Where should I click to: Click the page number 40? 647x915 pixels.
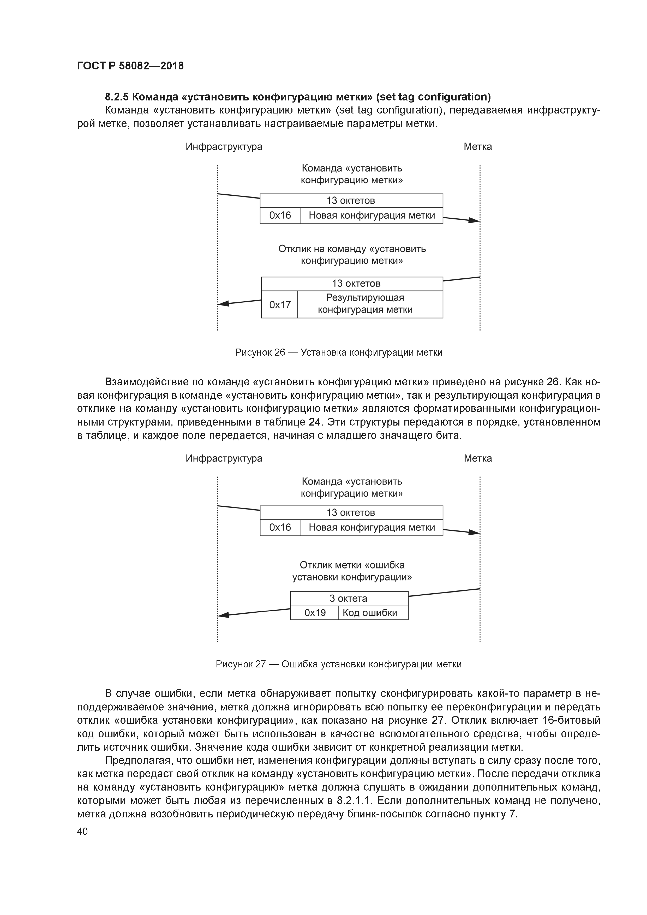82,831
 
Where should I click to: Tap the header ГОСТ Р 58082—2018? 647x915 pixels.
130,66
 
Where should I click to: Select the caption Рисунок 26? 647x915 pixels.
260,352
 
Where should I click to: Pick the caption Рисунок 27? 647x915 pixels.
241,664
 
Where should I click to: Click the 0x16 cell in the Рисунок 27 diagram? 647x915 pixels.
280,528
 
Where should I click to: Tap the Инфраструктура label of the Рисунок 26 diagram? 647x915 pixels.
224,147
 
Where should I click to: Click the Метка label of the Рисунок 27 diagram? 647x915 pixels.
478,458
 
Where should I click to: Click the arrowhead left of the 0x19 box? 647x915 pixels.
224,615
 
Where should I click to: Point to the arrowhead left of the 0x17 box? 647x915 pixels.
224,304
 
